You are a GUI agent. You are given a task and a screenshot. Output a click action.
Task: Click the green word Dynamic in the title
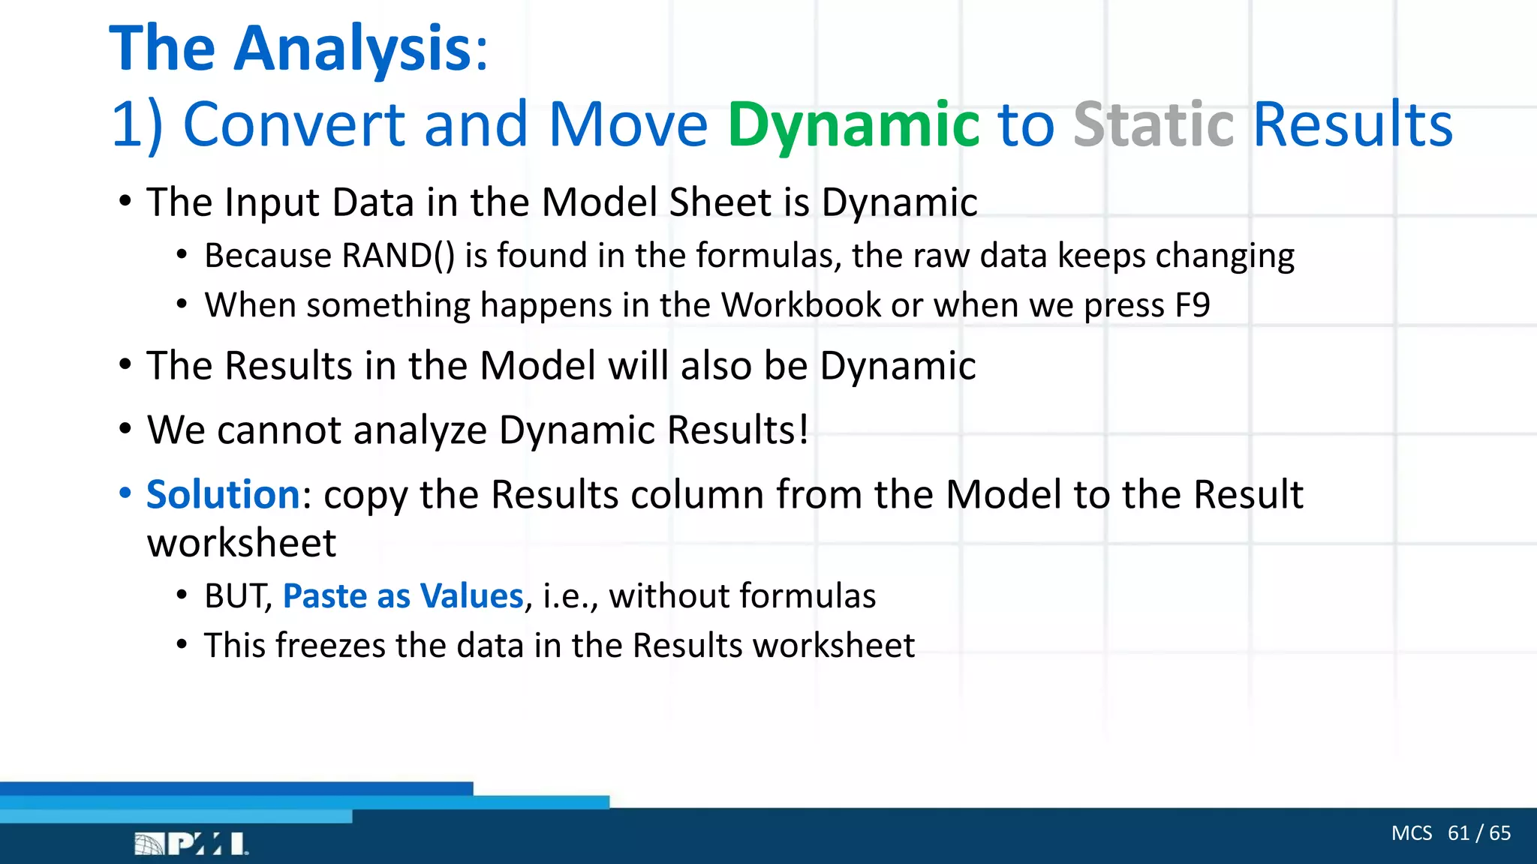pos(853,124)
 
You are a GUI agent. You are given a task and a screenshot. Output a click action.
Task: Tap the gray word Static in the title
pos(1154,124)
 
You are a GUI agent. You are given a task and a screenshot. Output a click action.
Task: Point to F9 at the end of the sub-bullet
pos(1192,305)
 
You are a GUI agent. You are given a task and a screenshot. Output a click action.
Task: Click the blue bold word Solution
pos(223,495)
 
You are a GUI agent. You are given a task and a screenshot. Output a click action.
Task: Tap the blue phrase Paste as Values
pos(402,596)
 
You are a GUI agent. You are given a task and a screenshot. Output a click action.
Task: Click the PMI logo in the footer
pos(192,844)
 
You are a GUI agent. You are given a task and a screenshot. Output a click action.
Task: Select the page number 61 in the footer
pos(1458,833)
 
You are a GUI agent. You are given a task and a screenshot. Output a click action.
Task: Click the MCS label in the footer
pos(1411,833)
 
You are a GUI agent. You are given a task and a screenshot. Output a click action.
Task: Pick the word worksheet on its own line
pos(241,543)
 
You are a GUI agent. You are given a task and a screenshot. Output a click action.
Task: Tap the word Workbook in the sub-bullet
pos(801,305)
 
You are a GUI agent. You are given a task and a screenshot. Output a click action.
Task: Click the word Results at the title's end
pos(1352,124)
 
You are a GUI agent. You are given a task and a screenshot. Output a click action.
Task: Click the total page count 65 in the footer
pos(1499,833)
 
